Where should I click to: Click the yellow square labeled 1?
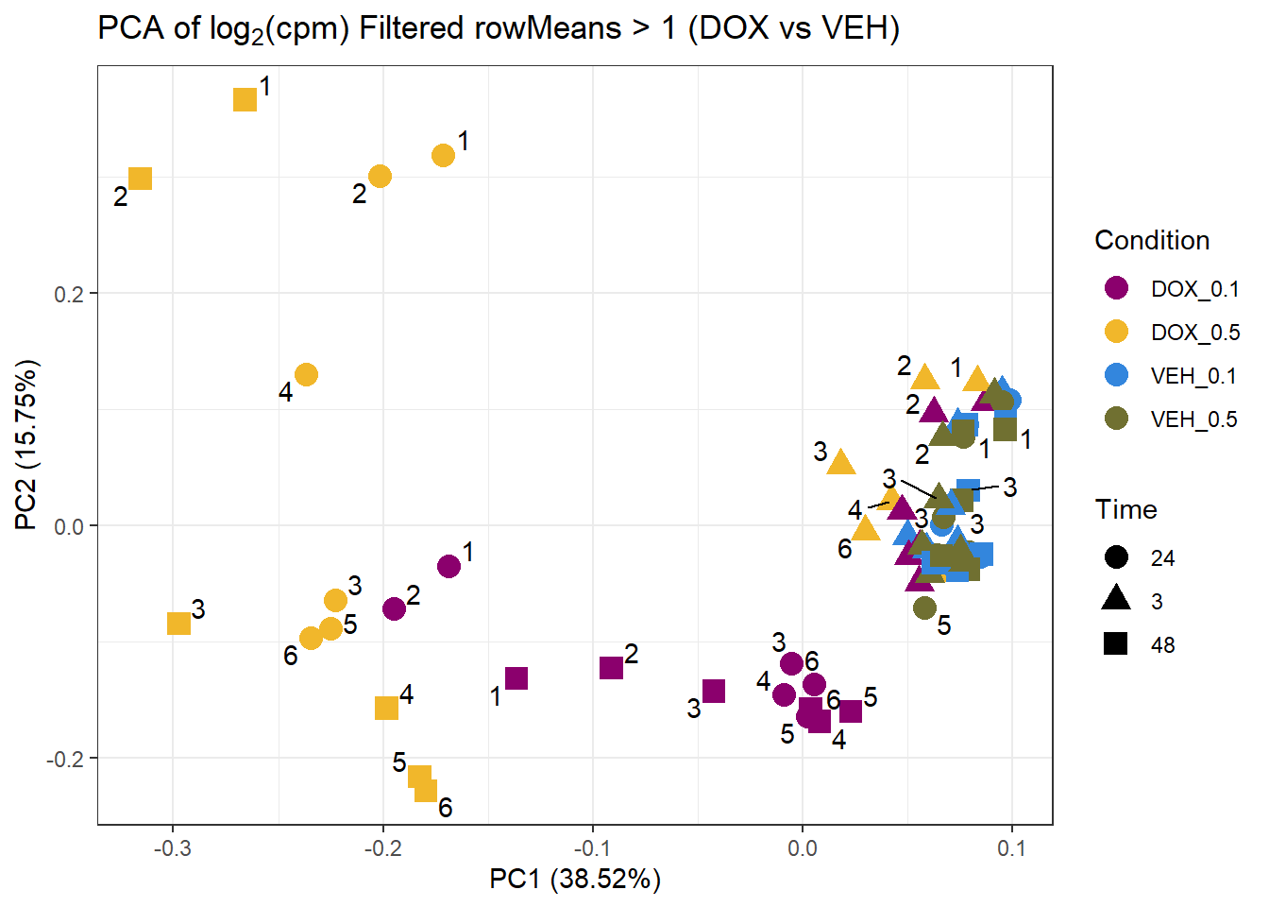coord(245,99)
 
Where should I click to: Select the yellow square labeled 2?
coord(140,179)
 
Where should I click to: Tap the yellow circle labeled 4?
coord(306,375)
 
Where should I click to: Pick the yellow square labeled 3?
coord(178,624)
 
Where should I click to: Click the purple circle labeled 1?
coord(449,566)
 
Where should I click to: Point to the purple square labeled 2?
coord(611,668)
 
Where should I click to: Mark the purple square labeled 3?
coord(714,692)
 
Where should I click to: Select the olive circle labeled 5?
coord(925,608)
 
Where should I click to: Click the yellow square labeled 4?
coord(386,708)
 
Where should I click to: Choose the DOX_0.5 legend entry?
coord(1193,333)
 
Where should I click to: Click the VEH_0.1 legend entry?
coord(1193,376)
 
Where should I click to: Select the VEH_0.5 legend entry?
coord(1193,419)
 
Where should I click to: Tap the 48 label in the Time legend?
coord(1162,645)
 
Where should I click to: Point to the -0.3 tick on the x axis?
coord(172,848)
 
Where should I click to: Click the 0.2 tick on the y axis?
coord(68,293)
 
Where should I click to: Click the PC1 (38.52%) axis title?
coord(574,880)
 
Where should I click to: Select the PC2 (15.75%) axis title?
coord(26,445)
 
